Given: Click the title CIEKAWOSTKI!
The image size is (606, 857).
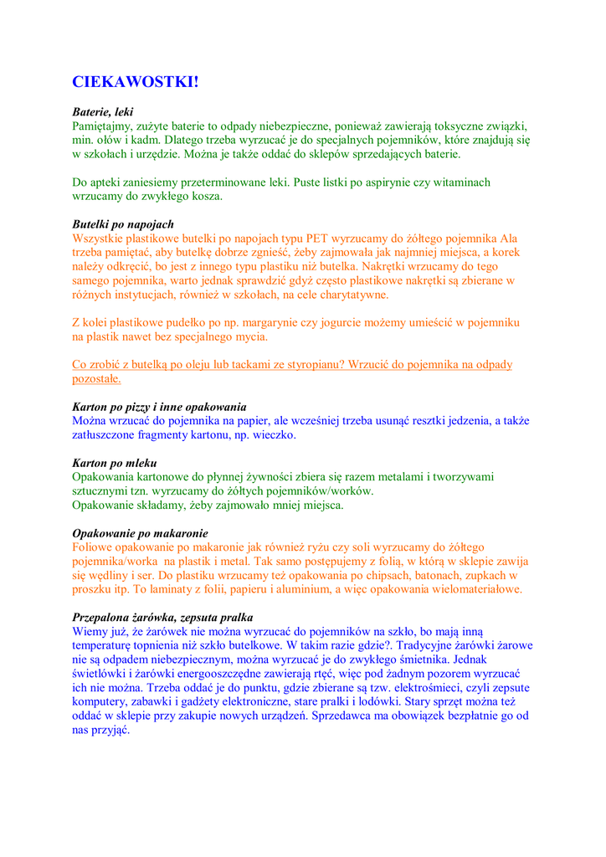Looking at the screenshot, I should pos(136,82).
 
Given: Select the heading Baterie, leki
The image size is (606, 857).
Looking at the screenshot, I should pos(102,111).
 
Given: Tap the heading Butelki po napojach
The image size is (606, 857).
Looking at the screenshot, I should pos(123,224).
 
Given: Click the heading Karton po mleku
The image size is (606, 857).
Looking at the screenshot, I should pos(115,463).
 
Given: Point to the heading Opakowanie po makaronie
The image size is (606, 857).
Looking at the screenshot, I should pos(140,533).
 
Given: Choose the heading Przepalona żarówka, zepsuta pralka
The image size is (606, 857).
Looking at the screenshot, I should pos(170,618).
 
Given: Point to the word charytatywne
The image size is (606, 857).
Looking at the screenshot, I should pos(347,295).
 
